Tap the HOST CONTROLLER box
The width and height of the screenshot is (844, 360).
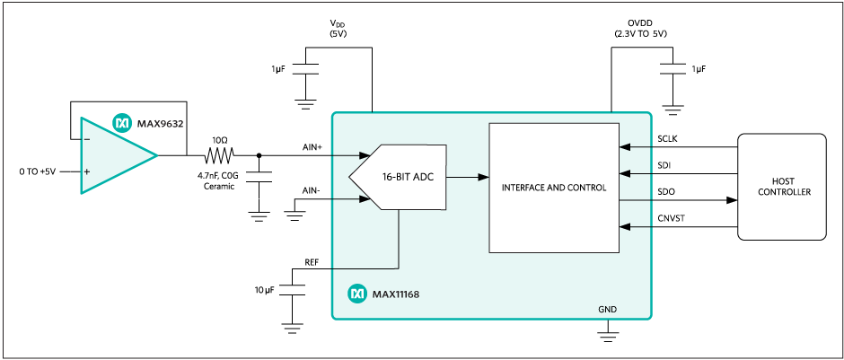(x=781, y=187)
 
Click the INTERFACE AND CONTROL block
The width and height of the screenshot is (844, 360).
(x=554, y=188)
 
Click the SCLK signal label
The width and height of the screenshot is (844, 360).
(x=668, y=140)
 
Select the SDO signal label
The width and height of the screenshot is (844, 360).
(x=665, y=192)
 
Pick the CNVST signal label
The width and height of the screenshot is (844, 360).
(x=670, y=218)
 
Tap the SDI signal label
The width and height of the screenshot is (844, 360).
(x=664, y=166)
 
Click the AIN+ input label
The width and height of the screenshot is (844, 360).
(x=312, y=145)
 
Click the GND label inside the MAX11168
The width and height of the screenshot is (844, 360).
(x=608, y=308)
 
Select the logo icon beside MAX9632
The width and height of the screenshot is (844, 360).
(x=121, y=120)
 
